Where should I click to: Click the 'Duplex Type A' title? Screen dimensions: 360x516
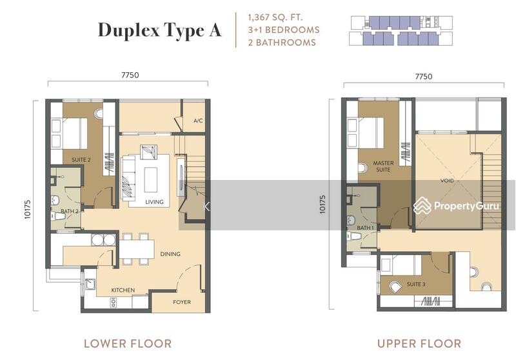point(159,30)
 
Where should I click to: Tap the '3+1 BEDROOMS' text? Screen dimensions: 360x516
point(278,30)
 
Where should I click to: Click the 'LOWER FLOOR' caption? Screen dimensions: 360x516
point(128,343)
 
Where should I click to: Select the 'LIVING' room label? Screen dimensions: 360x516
point(154,202)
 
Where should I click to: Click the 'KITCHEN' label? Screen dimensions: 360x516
point(123,290)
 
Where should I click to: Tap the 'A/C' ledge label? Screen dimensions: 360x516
point(197,121)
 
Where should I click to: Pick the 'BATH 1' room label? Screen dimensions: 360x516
point(365,228)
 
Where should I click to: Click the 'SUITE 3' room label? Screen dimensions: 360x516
point(416,284)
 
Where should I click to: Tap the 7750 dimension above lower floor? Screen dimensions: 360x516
point(126,75)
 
